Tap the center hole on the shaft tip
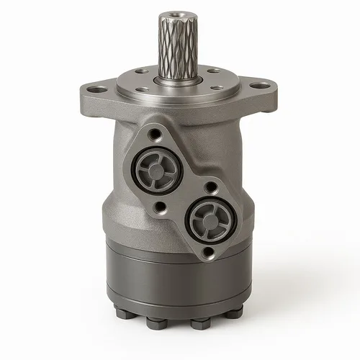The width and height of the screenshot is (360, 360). [x=175, y=14]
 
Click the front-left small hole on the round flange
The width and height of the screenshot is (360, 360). [x=143, y=91]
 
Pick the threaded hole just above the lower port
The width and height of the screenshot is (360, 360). [x=209, y=186]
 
